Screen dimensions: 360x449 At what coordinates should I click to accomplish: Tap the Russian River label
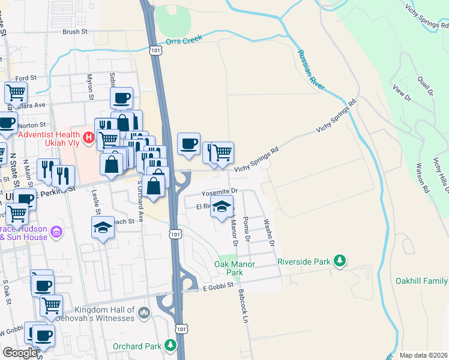tap(310, 69)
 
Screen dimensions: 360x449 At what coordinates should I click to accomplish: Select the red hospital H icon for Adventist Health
tap(89, 139)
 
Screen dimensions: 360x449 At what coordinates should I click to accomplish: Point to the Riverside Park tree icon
tap(340, 260)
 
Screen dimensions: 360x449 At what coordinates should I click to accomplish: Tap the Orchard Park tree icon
tap(170, 346)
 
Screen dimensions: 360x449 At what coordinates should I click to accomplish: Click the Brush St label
tap(75, 31)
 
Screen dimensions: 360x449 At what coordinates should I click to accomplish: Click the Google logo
tap(20, 353)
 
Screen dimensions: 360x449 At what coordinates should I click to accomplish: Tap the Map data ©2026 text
tap(423, 355)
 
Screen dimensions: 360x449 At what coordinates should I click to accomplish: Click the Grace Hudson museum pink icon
tap(56, 232)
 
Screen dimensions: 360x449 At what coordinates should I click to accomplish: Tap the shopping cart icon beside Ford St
tap(16, 93)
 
